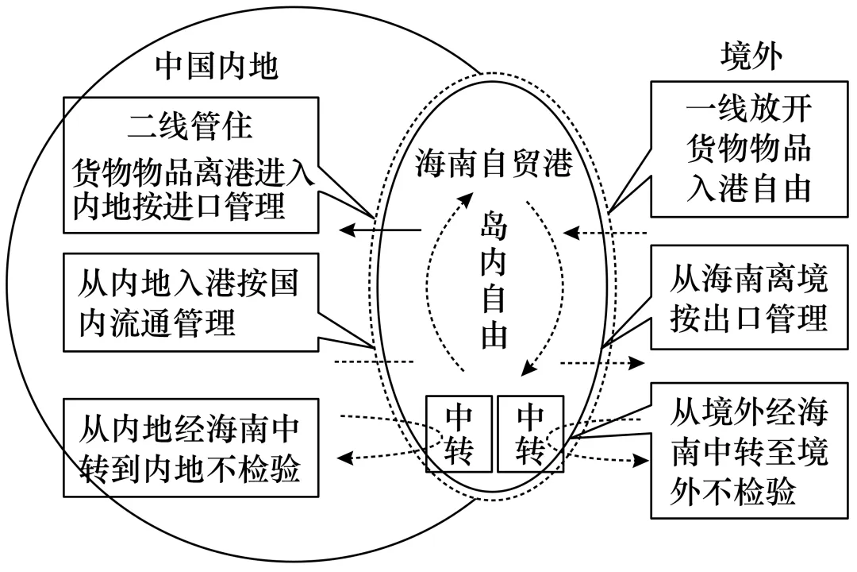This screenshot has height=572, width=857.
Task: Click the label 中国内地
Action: click(x=217, y=67)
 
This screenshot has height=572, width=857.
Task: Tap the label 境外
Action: click(x=751, y=56)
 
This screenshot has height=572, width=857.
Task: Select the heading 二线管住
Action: click(x=190, y=126)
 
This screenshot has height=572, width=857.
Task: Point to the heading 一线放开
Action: click(x=749, y=108)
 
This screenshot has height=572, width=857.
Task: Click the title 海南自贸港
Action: click(x=494, y=163)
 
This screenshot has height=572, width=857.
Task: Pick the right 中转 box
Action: click(x=530, y=434)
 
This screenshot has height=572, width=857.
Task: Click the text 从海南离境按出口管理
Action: click(x=749, y=299)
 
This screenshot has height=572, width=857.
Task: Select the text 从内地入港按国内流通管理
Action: click(x=189, y=302)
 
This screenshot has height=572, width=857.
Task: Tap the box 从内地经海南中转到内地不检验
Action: click(x=190, y=448)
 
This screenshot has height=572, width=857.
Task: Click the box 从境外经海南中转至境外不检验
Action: click(x=749, y=450)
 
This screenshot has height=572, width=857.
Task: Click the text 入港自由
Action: click(x=749, y=189)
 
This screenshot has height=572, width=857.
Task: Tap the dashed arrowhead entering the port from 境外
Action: click(x=571, y=234)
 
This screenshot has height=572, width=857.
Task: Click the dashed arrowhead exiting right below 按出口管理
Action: click(x=636, y=362)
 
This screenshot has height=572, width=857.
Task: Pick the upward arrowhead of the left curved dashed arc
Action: click(x=467, y=199)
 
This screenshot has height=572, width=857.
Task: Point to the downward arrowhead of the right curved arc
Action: click(x=528, y=368)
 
